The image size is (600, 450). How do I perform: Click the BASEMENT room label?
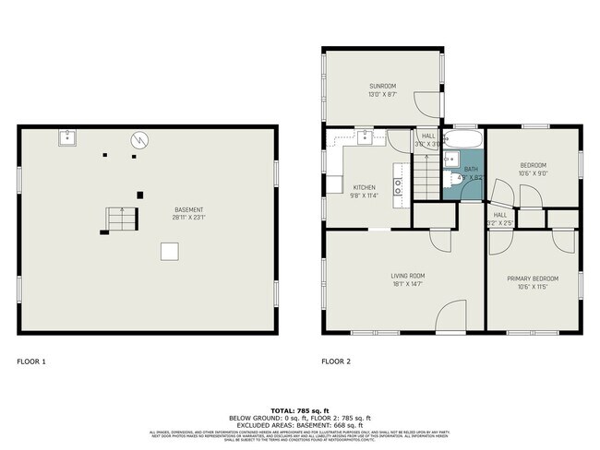click(x=189, y=209)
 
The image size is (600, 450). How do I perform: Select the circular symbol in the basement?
click(x=138, y=140)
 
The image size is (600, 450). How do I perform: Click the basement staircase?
click(x=119, y=219)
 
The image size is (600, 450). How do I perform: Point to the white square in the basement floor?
click(x=169, y=251)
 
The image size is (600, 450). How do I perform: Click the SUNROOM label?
click(x=383, y=87)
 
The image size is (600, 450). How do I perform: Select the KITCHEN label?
click(x=364, y=187)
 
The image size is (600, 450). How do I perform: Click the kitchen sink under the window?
click(x=366, y=137)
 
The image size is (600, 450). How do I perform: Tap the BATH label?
click(x=471, y=170)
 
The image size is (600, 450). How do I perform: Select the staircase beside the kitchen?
click(x=424, y=175)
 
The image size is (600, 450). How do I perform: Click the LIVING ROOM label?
click(x=404, y=275)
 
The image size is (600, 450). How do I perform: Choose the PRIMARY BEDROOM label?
click(x=534, y=278)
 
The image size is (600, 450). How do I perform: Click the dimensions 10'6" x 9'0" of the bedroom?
click(x=534, y=172)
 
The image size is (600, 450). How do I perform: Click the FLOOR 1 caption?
click(x=31, y=361)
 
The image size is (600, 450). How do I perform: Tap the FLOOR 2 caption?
click(x=337, y=361)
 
